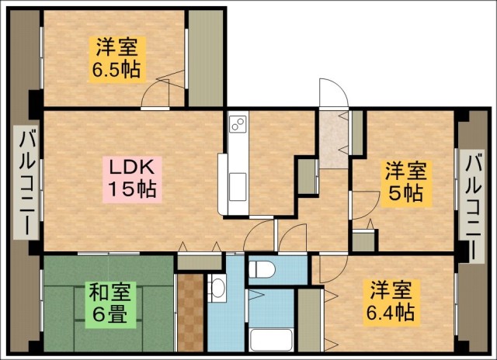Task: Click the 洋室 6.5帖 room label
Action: (x=117, y=60)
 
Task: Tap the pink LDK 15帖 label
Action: (x=132, y=179)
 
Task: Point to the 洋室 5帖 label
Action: (x=405, y=184)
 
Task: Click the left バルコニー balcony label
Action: (x=26, y=182)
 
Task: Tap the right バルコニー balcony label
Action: (x=472, y=206)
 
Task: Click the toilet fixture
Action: (x=262, y=269)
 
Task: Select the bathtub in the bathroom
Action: (x=271, y=340)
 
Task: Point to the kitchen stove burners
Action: (x=238, y=123)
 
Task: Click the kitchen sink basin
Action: (x=238, y=187)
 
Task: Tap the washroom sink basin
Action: (x=217, y=289)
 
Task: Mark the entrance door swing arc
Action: (x=334, y=92)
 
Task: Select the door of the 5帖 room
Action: (x=365, y=205)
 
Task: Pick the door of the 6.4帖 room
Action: (x=334, y=268)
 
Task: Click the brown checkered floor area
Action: (x=190, y=313)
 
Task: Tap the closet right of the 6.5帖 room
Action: (x=206, y=58)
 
